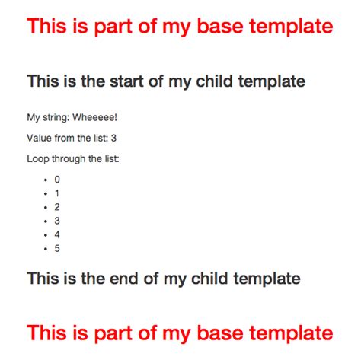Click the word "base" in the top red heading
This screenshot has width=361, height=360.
220,26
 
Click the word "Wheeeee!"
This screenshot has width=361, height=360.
95,117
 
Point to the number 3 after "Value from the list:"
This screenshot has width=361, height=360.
113,138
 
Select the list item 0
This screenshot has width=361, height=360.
57,180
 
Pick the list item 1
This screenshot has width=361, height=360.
57,193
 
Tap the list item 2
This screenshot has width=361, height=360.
57,207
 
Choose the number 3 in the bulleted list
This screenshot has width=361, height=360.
57,221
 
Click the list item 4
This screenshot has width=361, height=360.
57,234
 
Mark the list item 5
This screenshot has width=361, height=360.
57,248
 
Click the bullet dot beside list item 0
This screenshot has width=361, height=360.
46,180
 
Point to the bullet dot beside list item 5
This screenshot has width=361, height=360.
46,249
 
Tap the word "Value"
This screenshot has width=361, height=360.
40,138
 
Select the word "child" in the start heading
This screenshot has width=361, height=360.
215,81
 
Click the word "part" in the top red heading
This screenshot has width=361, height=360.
113,27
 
